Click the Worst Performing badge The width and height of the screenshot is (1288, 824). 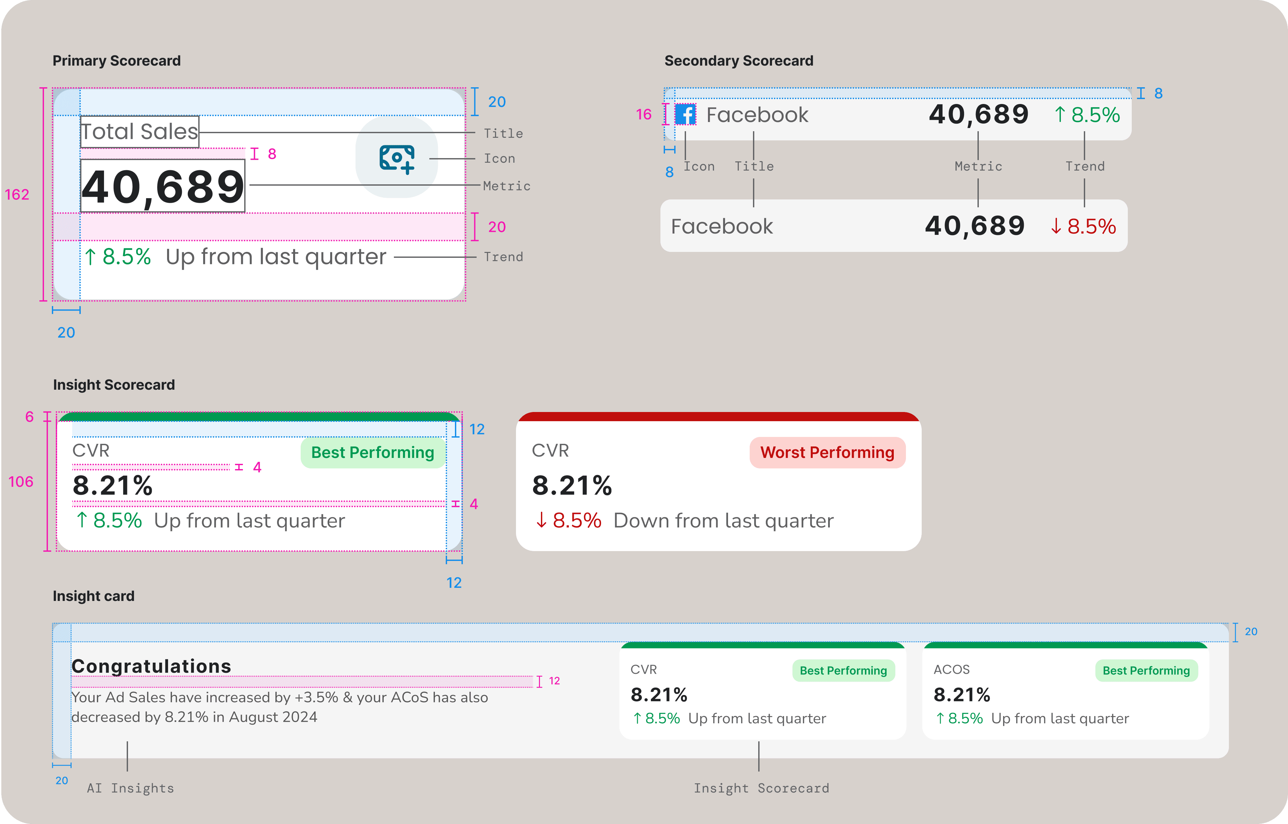coord(827,453)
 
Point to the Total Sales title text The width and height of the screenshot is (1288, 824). coord(140,132)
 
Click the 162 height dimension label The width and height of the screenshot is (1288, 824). coord(17,195)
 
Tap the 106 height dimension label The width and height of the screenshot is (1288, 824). coord(21,482)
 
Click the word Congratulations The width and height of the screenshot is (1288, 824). coord(152,666)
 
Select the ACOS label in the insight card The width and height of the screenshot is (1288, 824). coord(951,670)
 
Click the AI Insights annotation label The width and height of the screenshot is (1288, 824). coord(131,788)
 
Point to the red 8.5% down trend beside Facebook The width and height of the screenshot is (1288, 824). coord(1083,226)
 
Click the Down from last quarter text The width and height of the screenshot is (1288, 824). coord(723,521)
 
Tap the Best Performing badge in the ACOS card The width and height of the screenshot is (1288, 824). coord(1146,670)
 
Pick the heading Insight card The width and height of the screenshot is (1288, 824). coord(94,596)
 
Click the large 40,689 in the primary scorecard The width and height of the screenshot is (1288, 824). coord(163,187)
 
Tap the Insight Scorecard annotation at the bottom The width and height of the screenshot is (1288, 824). coord(761,788)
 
